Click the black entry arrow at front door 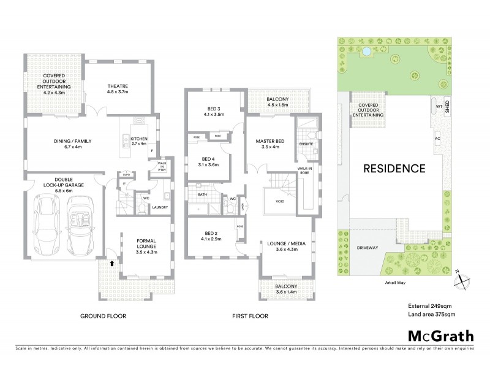click(111, 263)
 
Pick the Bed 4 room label click(208, 161)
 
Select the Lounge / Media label click(283, 246)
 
